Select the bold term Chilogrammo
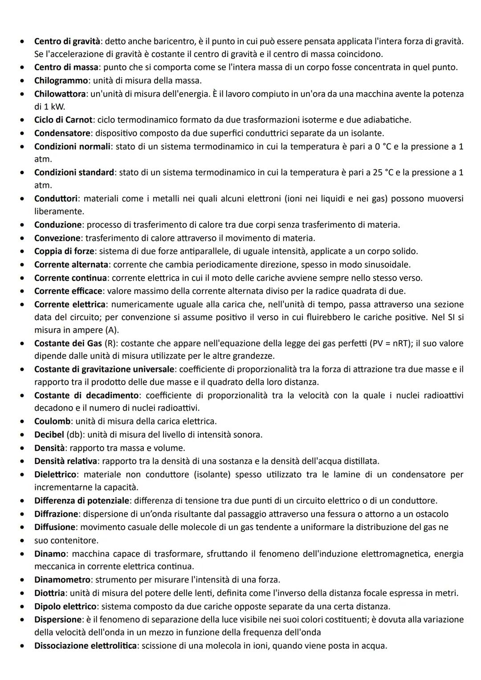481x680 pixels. (x=61, y=81)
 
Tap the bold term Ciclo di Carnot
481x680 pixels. (x=63, y=120)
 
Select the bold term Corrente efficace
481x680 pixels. (x=69, y=291)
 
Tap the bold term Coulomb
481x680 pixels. (x=52, y=421)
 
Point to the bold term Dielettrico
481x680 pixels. (x=56, y=474)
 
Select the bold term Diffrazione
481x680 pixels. (x=56, y=514)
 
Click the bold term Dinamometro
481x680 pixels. (x=62, y=580)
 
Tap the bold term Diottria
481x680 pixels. (x=49, y=593)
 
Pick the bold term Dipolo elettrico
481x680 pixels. (x=65, y=607)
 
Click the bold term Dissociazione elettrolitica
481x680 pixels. (x=86, y=646)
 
